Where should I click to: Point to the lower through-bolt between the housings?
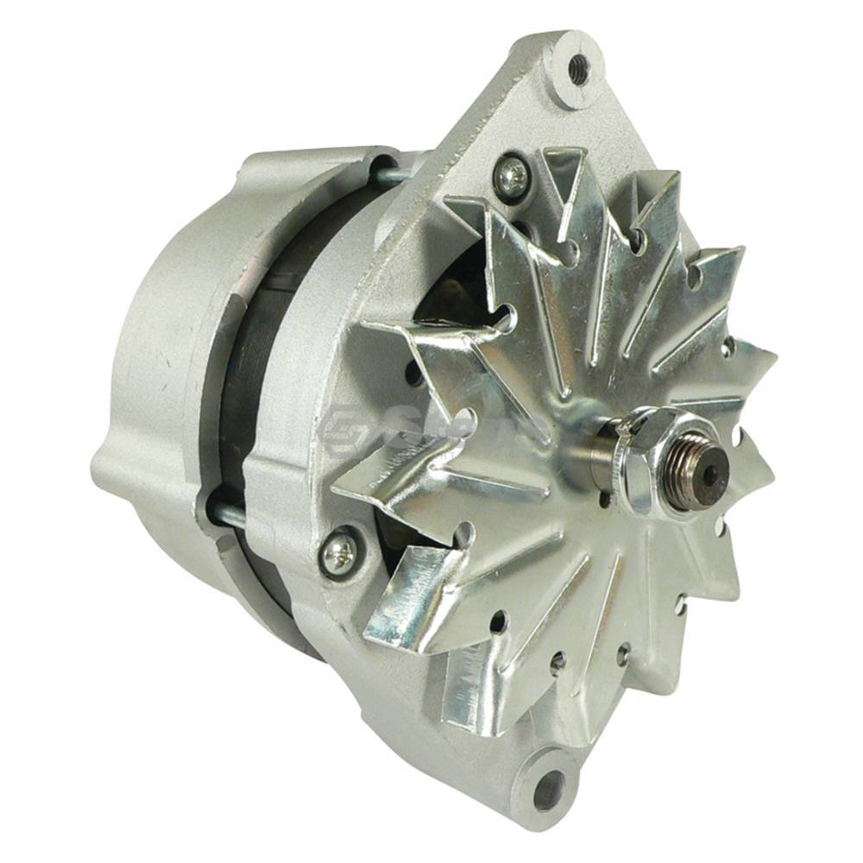[226, 516]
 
